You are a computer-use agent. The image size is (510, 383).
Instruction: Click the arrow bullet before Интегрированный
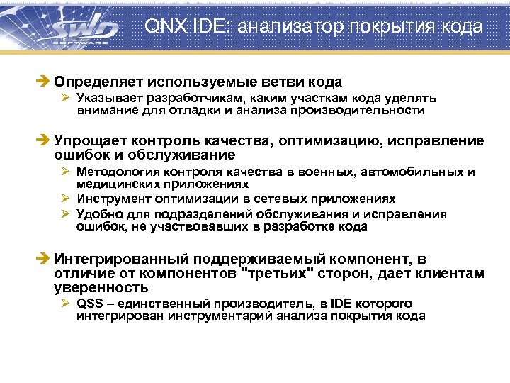[46, 260]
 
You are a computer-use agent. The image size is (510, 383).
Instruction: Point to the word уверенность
[101, 287]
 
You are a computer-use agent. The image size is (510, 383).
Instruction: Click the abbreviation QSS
[90, 304]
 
